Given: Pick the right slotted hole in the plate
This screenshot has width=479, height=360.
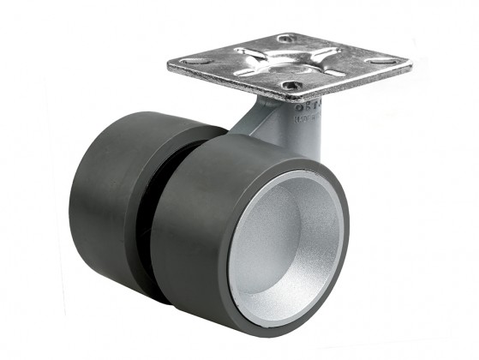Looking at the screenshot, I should (x=377, y=62).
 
